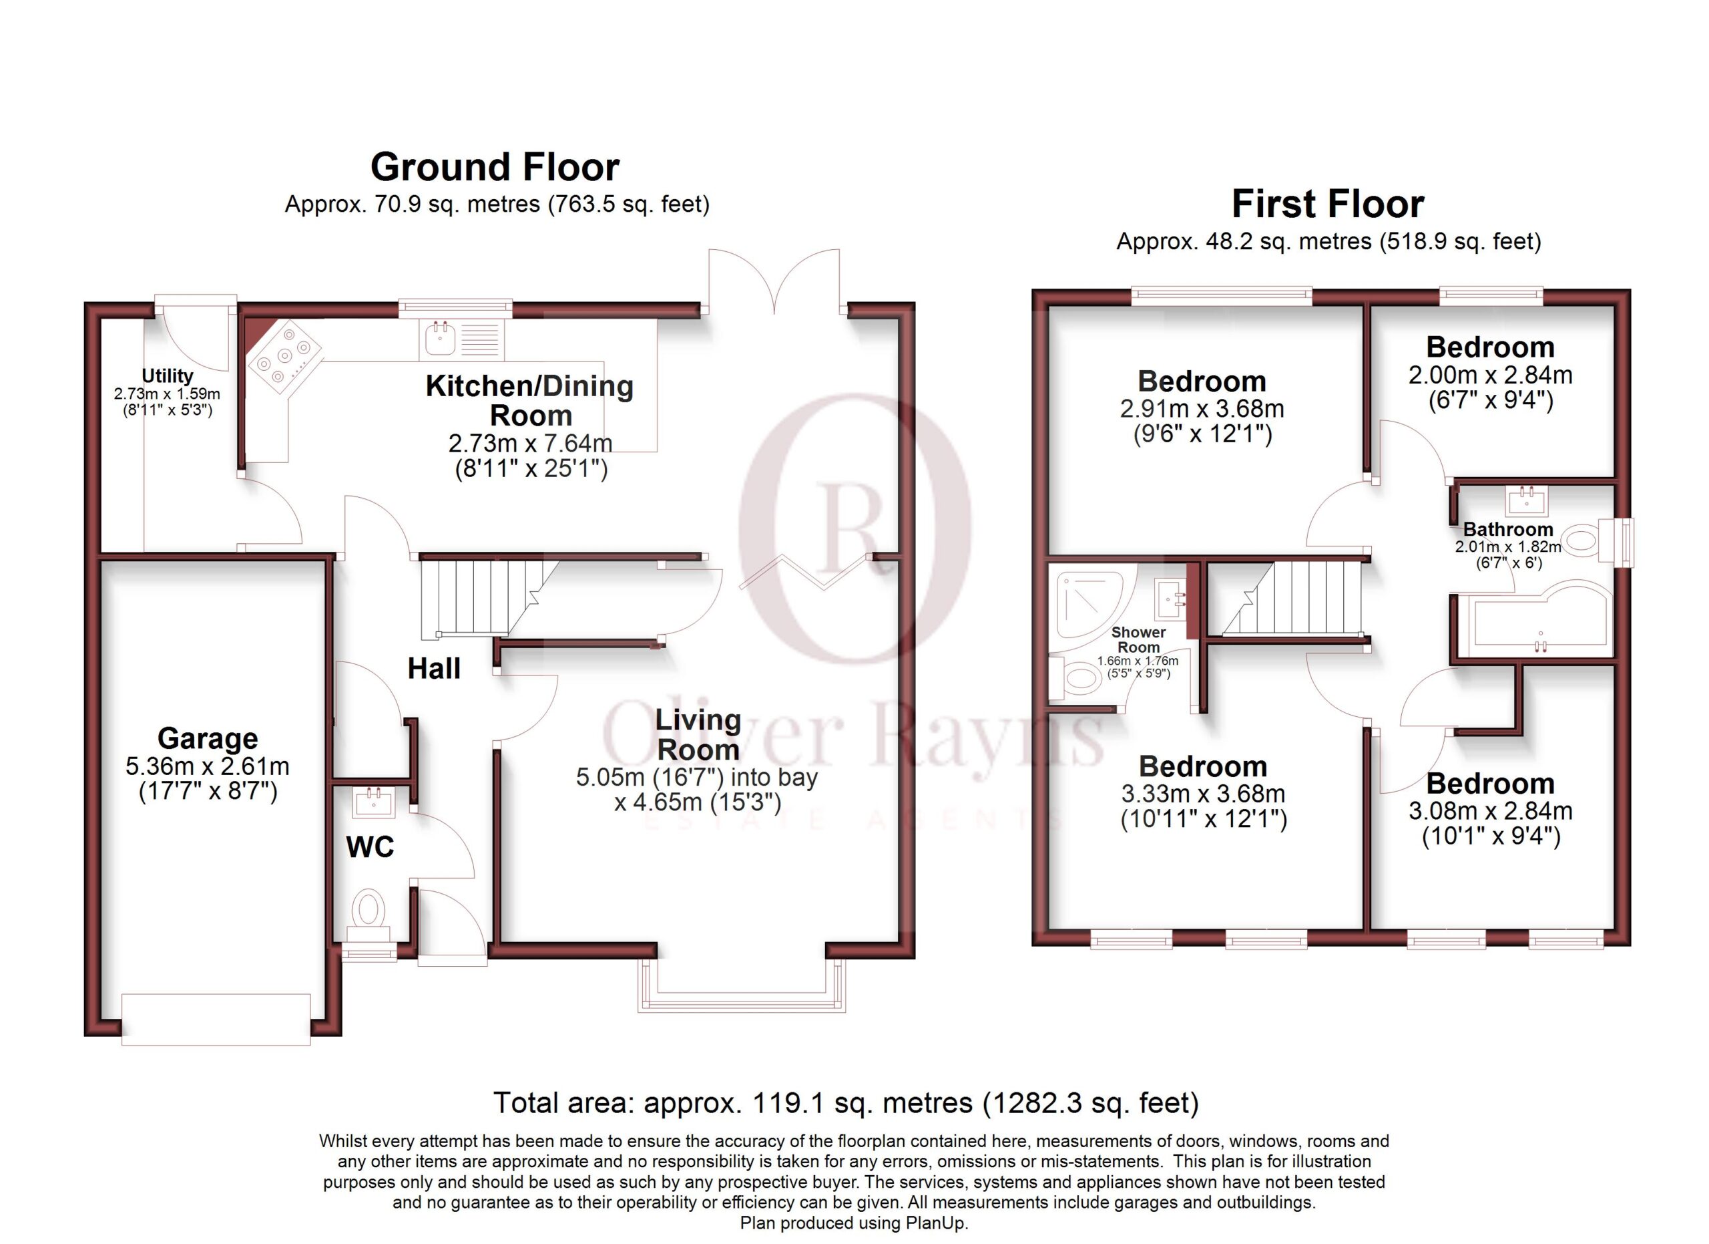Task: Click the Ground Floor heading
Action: coord(495,166)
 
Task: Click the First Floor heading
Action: coord(1328,204)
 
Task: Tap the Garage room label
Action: coord(207,738)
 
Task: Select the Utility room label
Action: coord(168,375)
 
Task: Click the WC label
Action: coord(370,846)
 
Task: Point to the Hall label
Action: coord(434,668)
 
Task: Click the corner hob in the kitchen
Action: coord(284,357)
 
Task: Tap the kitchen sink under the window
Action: coord(462,339)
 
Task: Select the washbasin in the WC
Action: coord(374,802)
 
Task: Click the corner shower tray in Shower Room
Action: coord(1093,605)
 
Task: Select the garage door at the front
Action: coord(216,1020)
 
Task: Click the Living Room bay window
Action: coord(742,985)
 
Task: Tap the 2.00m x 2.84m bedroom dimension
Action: coord(1491,375)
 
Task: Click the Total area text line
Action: coord(845,1103)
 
